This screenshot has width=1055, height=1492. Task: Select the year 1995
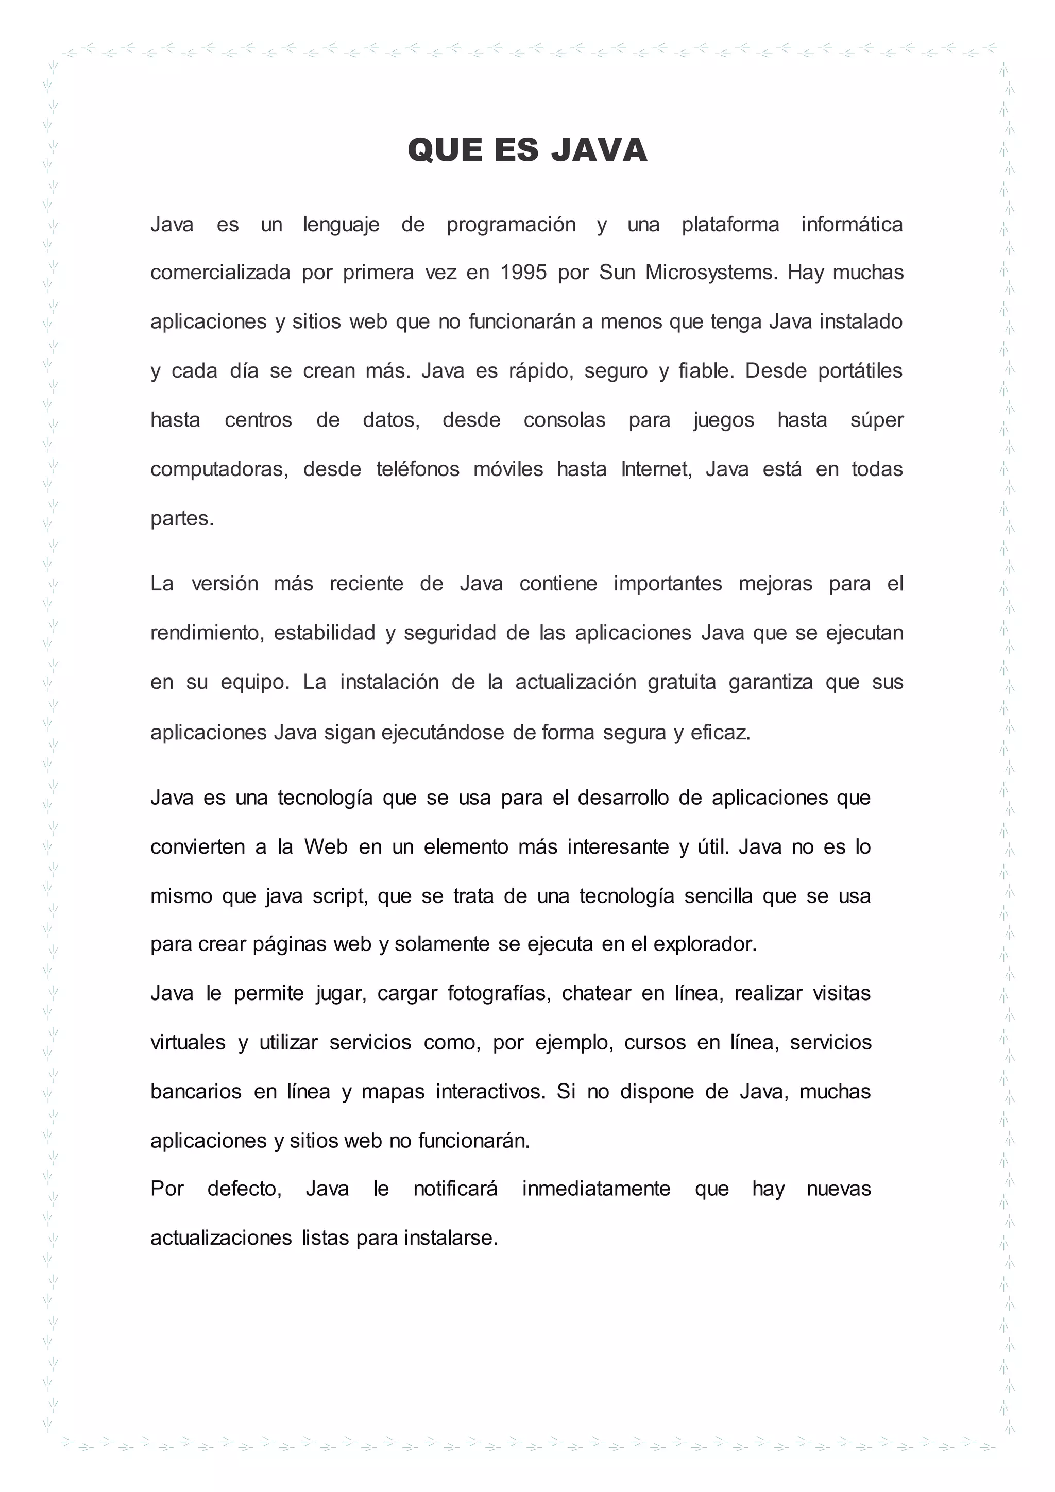click(x=523, y=272)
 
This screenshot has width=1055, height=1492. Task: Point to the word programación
click(x=511, y=224)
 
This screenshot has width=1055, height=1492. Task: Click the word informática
click(x=851, y=224)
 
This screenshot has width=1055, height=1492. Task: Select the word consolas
click(x=564, y=420)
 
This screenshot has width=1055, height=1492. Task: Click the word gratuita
click(x=682, y=682)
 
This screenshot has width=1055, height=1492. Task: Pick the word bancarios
click(x=196, y=1092)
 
